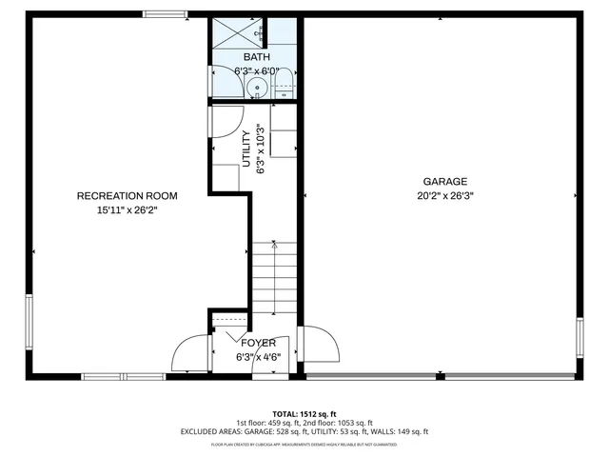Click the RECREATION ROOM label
[127, 196]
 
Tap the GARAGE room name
[444, 181]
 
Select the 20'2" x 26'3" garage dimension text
[444, 196]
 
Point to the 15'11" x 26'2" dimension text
[127, 210]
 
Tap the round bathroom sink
[254, 89]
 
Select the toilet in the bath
[284, 88]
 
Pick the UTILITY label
[246, 149]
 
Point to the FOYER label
[258, 343]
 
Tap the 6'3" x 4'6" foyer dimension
[258, 357]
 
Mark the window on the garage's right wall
[579, 339]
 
